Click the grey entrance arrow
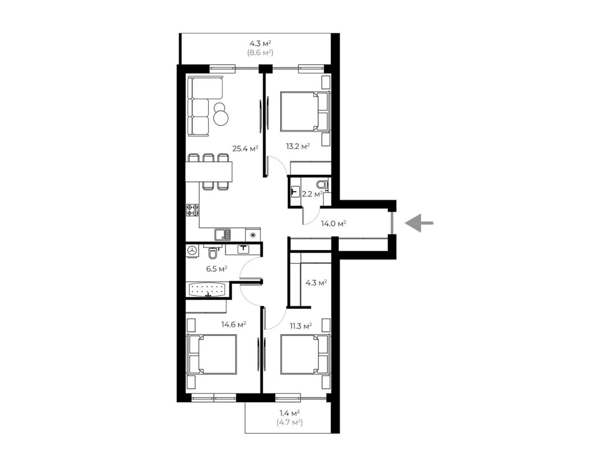tap(419, 223)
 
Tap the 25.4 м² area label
tap(245, 149)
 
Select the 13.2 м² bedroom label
tap(298, 146)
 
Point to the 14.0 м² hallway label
tap(333, 224)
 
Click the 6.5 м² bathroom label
tap(217, 269)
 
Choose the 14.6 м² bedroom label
tap(233, 324)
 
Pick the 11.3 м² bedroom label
tap(301, 326)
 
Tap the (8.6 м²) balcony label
tap(260, 53)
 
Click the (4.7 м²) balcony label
tap(290, 430)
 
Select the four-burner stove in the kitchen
tap(192, 210)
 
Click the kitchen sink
tap(223, 235)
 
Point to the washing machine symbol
tap(192, 251)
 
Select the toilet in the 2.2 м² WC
tap(322, 184)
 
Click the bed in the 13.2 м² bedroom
tap(305, 111)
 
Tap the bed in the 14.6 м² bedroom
tap(212, 355)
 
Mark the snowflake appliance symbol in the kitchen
tap(253, 235)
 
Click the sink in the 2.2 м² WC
tap(295, 191)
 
